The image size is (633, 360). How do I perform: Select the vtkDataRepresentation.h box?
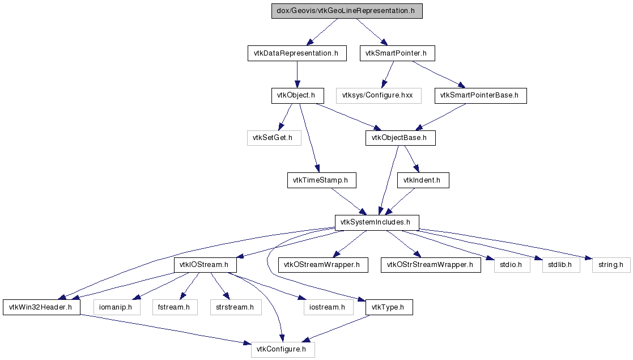(297, 53)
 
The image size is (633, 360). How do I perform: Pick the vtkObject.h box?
(297, 95)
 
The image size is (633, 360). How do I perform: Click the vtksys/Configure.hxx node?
(378, 95)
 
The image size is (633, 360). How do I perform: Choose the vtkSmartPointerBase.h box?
(481, 95)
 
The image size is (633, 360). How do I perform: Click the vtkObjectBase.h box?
(400, 138)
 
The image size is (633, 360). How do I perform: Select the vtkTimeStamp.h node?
(321, 180)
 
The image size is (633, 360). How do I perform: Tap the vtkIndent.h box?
(423, 180)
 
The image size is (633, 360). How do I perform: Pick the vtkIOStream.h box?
(205, 265)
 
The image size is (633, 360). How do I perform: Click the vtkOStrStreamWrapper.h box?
(430, 265)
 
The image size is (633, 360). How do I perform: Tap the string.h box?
(611, 265)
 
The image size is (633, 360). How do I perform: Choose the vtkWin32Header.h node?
(41, 307)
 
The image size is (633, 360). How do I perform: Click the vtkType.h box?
(389, 307)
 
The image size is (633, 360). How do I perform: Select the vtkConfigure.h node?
(282, 350)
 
